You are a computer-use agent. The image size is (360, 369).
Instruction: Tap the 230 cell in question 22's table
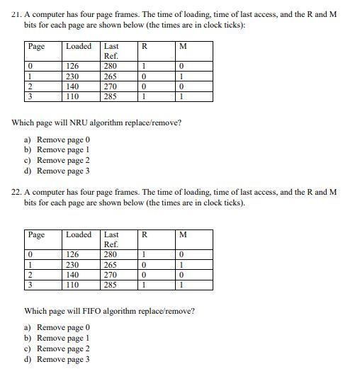72,265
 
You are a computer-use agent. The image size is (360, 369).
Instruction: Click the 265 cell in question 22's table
111,265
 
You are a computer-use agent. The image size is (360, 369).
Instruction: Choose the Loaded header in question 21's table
79,47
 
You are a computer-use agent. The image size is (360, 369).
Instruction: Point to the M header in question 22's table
184,234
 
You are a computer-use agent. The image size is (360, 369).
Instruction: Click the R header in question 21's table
145,47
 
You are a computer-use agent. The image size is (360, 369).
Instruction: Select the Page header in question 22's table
36,234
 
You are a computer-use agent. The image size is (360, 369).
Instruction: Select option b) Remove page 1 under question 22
63,338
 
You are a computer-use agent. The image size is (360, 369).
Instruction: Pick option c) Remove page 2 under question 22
63,348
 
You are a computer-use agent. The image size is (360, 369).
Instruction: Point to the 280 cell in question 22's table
111,255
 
